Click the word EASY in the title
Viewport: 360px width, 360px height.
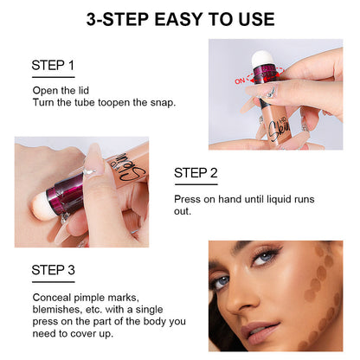177,18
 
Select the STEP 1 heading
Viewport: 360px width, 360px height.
53,66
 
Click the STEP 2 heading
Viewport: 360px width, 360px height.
196,173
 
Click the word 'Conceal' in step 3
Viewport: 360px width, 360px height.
52,296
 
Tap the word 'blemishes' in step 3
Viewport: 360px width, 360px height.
59,308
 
